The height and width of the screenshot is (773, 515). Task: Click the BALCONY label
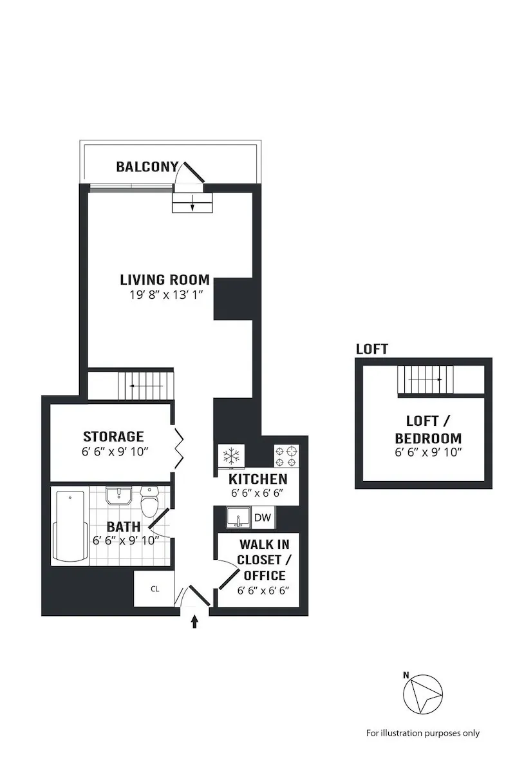tap(146, 167)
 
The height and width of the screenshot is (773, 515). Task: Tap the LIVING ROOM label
tap(165, 280)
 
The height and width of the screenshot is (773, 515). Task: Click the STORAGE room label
tap(113, 437)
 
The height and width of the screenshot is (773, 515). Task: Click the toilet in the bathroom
tap(150, 501)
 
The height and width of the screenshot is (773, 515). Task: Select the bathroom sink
tap(119, 497)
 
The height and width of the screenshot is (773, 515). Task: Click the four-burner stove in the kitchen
tap(286, 456)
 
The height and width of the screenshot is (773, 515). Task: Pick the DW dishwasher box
tap(263, 517)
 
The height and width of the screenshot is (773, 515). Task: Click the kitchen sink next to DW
tap(238, 517)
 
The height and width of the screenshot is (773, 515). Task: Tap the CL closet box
tap(154, 589)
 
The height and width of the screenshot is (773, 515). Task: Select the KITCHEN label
tap(257, 479)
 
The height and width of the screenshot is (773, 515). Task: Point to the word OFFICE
tap(261, 575)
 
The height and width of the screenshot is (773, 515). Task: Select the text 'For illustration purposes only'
tap(423, 732)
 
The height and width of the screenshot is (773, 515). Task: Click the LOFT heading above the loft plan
tap(372, 349)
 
